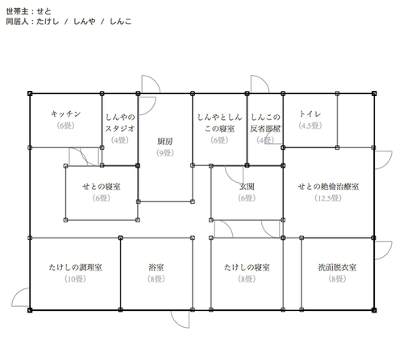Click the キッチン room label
pyautogui.click(x=66, y=114)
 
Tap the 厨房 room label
pyautogui.click(x=165, y=141)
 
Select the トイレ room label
pyautogui.click(x=310, y=114)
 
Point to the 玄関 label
pyautogui.click(x=247, y=186)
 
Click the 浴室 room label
pyautogui.click(x=156, y=267)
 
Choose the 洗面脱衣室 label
pyautogui.click(x=337, y=267)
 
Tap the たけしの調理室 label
pyautogui.click(x=75, y=267)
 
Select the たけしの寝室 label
pyautogui.click(x=247, y=267)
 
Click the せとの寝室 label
pyautogui.click(x=102, y=186)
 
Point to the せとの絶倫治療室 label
pyautogui.click(x=328, y=186)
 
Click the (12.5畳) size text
pyautogui.click(x=328, y=198)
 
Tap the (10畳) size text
pyautogui.click(x=75, y=279)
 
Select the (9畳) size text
pyautogui.click(x=165, y=153)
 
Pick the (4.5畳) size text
pyautogui.click(x=310, y=126)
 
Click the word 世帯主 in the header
pyautogui.click(x=17, y=11)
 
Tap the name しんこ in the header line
pyautogui.click(x=121, y=22)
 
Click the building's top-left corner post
pyautogui.click(x=30, y=93)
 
